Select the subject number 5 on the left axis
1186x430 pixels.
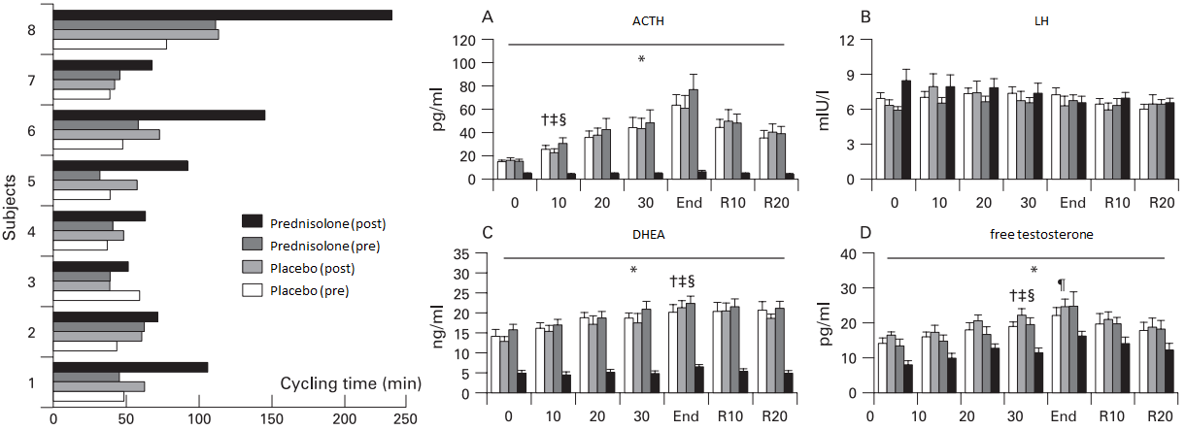[x=33, y=182]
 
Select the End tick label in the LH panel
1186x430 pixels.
[x=1071, y=205]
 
